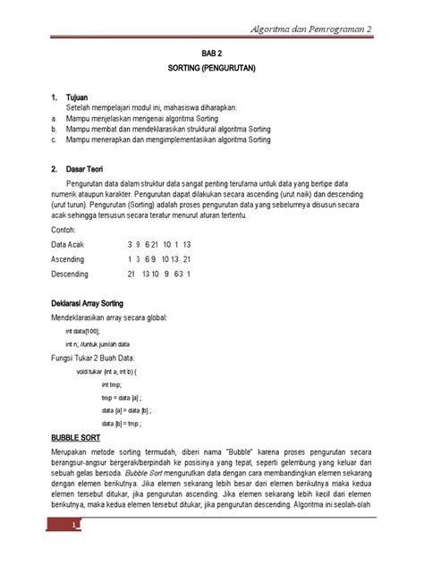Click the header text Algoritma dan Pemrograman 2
(x=312, y=30)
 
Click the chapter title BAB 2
(x=211, y=54)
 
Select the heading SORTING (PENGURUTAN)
(x=211, y=68)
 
